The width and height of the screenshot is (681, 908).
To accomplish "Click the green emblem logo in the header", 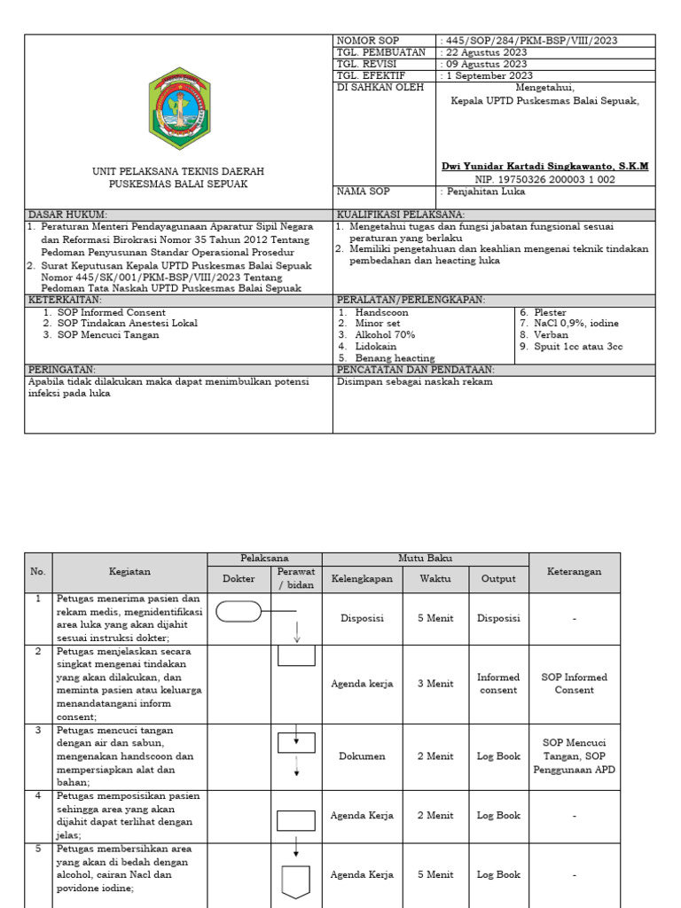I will [179, 106].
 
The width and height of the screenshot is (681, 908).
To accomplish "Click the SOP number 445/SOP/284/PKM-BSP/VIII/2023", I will [530, 41].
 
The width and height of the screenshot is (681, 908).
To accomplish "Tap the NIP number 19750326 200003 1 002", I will [544, 179].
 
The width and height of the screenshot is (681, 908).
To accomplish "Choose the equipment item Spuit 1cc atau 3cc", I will [572, 347].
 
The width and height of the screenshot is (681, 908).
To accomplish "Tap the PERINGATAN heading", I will [62, 370].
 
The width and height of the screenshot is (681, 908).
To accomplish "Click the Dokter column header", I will [238, 578].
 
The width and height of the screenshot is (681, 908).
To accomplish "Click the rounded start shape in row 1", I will [239, 611].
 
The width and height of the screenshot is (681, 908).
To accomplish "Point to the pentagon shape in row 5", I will [296, 881].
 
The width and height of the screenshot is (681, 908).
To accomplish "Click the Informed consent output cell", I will [498, 684].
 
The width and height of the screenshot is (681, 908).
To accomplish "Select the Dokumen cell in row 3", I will [362, 756].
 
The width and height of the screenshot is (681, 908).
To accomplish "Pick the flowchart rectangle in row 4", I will [296, 820].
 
